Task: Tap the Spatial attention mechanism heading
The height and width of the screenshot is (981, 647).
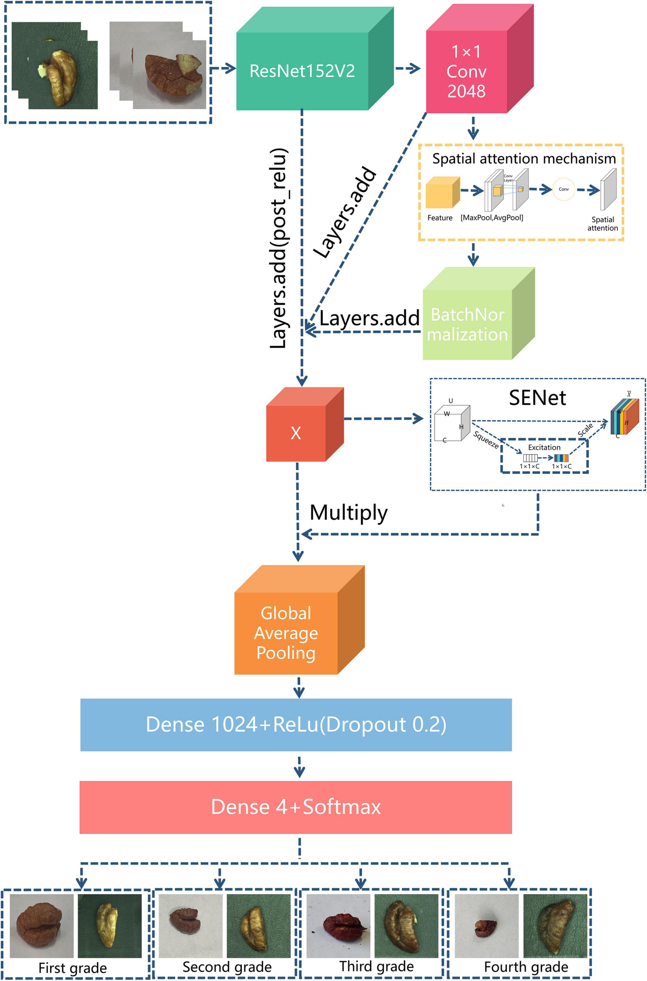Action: point(524,158)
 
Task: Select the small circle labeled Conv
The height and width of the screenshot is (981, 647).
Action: point(564,189)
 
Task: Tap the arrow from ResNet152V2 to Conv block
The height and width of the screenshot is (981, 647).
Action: point(408,68)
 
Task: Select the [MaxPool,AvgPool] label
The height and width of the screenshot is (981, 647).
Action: point(492,218)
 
